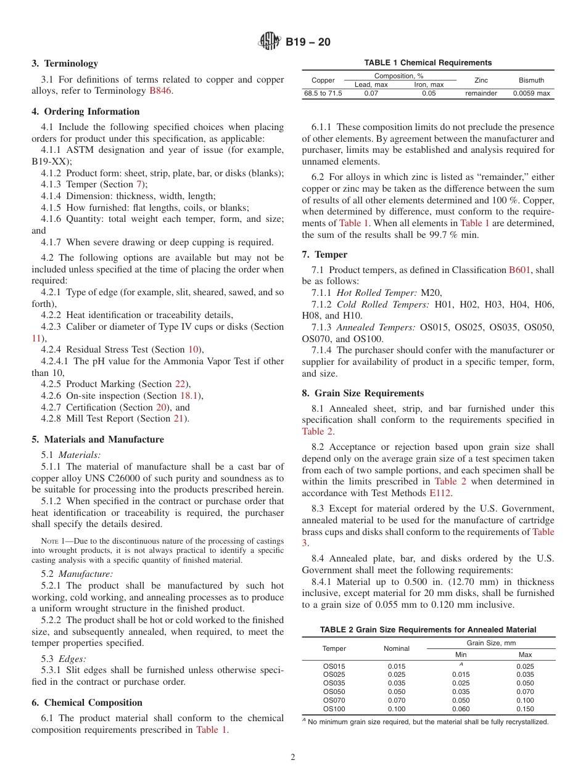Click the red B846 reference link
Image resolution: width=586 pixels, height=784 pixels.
point(160,91)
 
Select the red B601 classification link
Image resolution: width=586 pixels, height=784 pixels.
point(519,270)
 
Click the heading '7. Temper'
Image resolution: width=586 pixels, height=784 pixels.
point(324,255)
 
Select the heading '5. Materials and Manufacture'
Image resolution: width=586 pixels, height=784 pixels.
point(97,439)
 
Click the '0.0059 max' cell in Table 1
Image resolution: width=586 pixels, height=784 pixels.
point(531,94)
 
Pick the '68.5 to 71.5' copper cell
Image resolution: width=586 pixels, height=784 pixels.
point(323,94)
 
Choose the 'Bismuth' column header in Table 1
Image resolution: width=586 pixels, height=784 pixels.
point(531,80)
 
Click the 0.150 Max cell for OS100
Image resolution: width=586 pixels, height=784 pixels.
point(526,709)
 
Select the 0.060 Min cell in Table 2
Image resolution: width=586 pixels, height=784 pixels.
point(460,709)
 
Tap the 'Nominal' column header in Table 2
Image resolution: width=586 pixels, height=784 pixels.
point(397,648)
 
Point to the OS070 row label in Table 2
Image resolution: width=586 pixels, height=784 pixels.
point(334,700)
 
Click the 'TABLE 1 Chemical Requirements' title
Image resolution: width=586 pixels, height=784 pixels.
point(428,63)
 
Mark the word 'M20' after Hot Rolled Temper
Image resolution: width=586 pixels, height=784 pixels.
point(431,293)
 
